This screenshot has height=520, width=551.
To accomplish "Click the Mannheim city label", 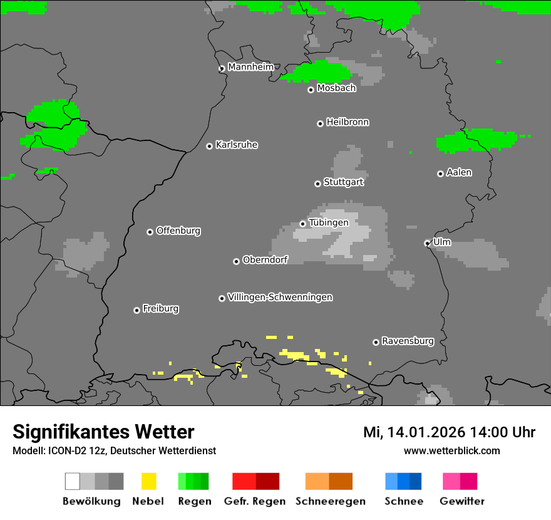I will (x=250, y=67).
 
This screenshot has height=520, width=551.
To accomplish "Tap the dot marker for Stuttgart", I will (x=317, y=184).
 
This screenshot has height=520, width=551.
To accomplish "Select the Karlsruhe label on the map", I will (x=237, y=145).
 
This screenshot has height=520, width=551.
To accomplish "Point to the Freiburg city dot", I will (x=136, y=310).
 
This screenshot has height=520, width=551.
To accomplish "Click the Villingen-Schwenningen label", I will (x=280, y=297).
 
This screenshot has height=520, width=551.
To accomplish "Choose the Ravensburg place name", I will (x=408, y=341).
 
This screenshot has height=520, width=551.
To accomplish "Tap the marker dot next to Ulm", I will (x=427, y=243).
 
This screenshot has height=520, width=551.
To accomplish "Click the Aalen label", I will (x=459, y=172).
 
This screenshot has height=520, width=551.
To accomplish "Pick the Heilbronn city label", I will (x=348, y=122).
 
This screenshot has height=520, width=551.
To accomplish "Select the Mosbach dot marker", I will (x=311, y=90).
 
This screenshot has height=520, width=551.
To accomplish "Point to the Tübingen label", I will (x=329, y=222).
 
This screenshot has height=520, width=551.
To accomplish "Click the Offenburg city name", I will (x=178, y=231).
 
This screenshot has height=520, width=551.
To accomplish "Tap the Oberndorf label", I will (x=265, y=259).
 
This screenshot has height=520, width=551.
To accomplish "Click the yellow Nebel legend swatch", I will (x=148, y=481).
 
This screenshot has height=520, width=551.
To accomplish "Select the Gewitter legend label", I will (x=462, y=501).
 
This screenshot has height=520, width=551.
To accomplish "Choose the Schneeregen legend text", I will (x=330, y=501).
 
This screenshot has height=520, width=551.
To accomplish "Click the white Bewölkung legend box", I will (x=73, y=481).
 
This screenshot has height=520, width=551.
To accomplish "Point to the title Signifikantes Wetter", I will (x=103, y=432).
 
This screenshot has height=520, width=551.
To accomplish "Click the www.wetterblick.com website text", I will (x=451, y=450).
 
